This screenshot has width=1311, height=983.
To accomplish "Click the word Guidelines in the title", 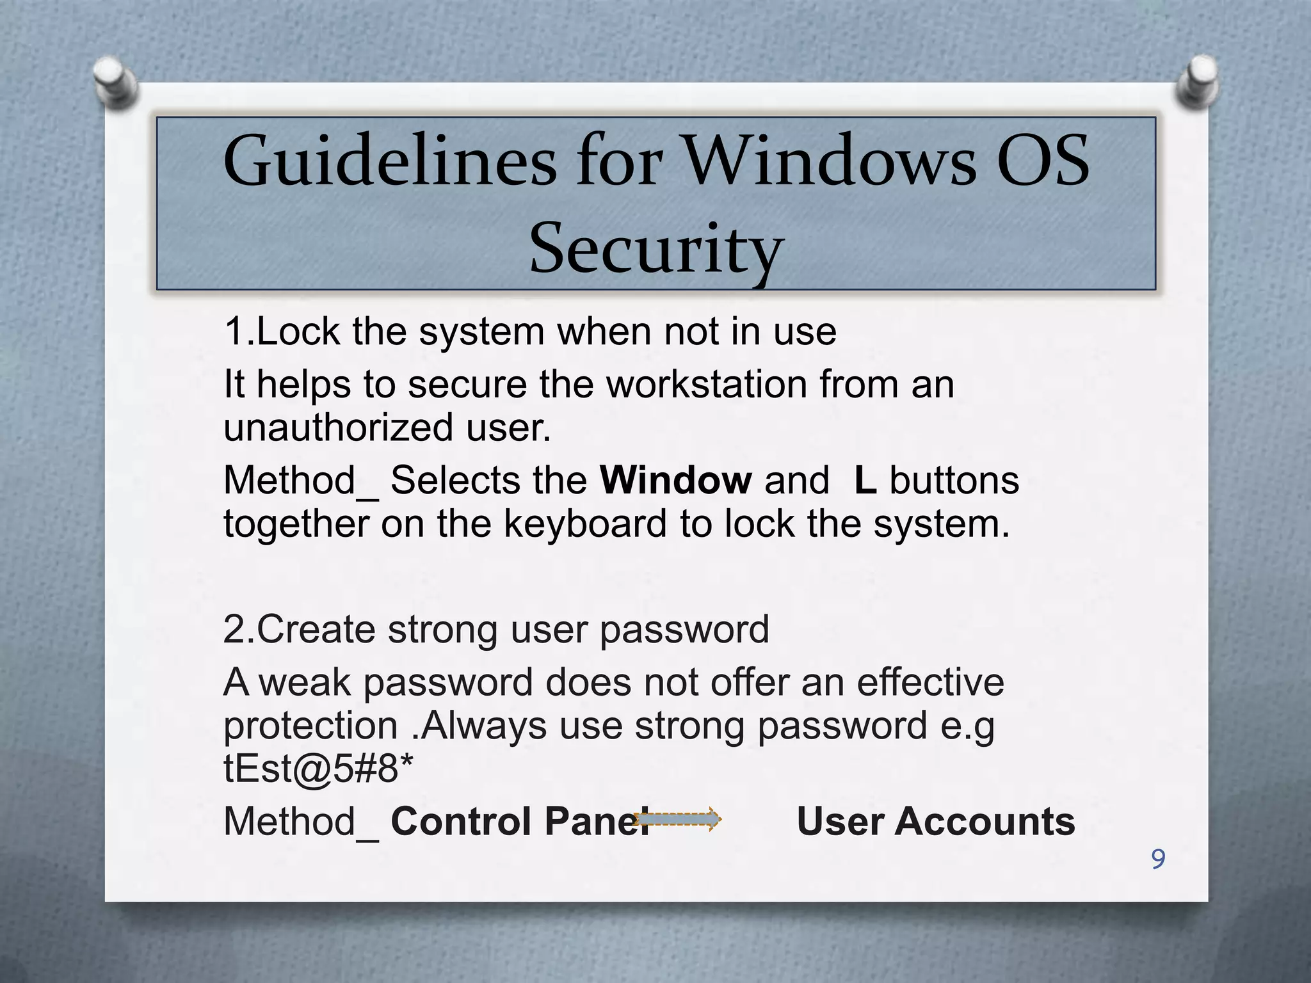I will pyautogui.click(x=389, y=161).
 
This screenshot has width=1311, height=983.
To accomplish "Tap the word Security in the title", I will pyautogui.click(x=656, y=248).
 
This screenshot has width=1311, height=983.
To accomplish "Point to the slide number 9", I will pyautogui.click(x=1157, y=859).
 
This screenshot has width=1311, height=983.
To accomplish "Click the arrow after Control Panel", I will pyautogui.click(x=679, y=819).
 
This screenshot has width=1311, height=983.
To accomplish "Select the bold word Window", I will pyautogui.click(x=675, y=480).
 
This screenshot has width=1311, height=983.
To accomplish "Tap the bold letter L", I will pyautogui.click(x=865, y=480).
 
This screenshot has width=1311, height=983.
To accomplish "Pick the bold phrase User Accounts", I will pyautogui.click(x=935, y=821).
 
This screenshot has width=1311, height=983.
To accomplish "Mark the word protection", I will pyautogui.click(x=310, y=726).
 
